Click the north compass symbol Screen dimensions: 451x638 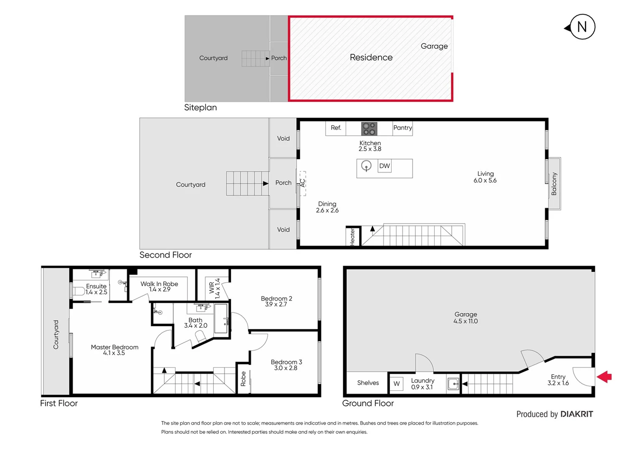tap(582, 27)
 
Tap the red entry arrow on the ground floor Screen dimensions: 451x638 tap(604, 377)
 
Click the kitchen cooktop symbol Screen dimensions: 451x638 tap(369, 129)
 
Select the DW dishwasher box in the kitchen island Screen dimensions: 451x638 tap(384, 166)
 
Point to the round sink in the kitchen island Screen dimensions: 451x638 tap(366, 166)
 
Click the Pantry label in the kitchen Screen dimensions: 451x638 tap(403, 128)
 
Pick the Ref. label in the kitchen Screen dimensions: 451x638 tap(336, 128)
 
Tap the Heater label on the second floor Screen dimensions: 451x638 tap(352, 237)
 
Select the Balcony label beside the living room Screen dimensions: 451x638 tap(554, 184)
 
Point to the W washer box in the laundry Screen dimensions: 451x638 tap(396, 383)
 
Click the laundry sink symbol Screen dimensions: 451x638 tap(453, 383)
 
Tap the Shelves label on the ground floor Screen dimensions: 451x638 tap(368, 383)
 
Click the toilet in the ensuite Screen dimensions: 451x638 tap(78, 291)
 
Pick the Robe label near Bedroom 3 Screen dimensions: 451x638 tap(243, 379)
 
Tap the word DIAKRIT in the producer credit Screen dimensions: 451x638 tap(576, 414)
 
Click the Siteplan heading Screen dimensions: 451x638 tap(200, 108)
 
